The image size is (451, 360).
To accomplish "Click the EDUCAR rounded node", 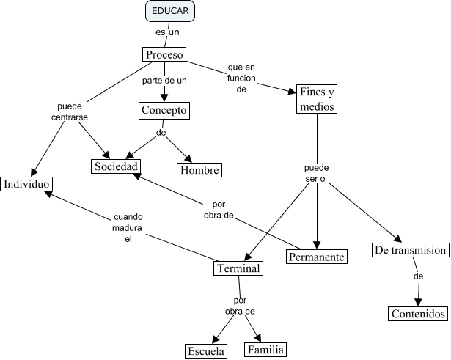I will pyautogui.click(x=170, y=12).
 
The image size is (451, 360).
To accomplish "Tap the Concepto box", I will pyautogui.click(x=164, y=110).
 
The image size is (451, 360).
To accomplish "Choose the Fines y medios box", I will pyautogui.click(x=317, y=99).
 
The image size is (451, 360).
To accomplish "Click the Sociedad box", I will pyautogui.click(x=115, y=166).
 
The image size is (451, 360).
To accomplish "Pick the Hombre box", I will pyautogui.click(x=199, y=169).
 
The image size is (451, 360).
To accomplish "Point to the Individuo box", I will pyautogui.click(x=26, y=183).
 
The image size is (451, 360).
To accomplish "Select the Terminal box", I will pyautogui.click(x=238, y=268).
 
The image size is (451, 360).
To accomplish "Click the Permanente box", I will pyautogui.click(x=316, y=257).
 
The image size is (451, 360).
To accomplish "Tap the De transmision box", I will pyautogui.click(x=410, y=250).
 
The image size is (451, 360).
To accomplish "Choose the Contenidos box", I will pyautogui.click(x=418, y=314).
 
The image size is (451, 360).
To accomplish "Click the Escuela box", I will pyautogui.click(x=205, y=350).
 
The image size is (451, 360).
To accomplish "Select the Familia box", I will pyautogui.click(x=265, y=349).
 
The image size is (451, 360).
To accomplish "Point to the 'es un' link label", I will pyautogui.click(x=167, y=32).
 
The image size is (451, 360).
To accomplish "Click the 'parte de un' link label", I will pyautogui.click(x=164, y=79).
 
